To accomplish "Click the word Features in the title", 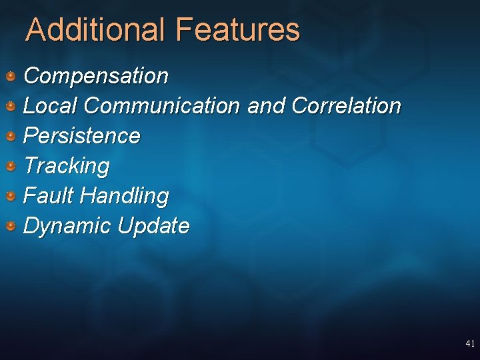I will click(238, 30).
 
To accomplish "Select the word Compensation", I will click(96, 76).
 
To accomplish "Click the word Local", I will click(51, 106).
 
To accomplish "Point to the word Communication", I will click(162, 106).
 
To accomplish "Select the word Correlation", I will click(346, 106).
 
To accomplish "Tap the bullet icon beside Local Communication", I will click(11, 106).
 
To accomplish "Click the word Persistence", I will click(82, 136).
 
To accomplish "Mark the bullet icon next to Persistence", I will click(11, 136).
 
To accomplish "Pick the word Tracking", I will click(66, 166).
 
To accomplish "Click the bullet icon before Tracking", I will click(11, 166).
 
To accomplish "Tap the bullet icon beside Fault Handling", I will click(11, 196).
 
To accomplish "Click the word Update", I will click(153, 226).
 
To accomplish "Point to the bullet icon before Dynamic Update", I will click(11, 226).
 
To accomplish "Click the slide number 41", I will click(470, 344).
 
